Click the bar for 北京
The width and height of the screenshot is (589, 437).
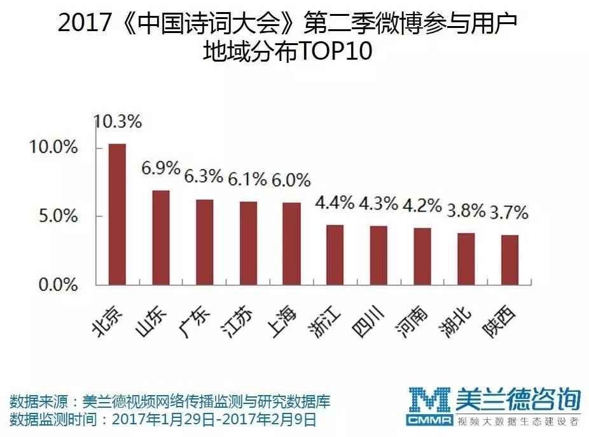pyautogui.click(x=117, y=214)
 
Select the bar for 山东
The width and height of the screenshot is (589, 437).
pyautogui.click(x=161, y=237)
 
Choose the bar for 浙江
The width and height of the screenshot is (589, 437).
pyautogui.click(x=335, y=254)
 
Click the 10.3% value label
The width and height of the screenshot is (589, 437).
pyautogui.click(x=117, y=121)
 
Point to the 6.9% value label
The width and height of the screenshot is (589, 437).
pyautogui.click(x=161, y=169)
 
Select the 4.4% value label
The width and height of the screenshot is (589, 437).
pyautogui.click(x=335, y=204)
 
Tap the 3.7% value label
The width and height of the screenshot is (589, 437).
pyautogui.click(x=509, y=213)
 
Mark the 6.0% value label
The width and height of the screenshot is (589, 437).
pyautogui.click(x=291, y=180)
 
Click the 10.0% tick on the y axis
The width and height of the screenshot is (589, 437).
pyautogui.click(x=53, y=148)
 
